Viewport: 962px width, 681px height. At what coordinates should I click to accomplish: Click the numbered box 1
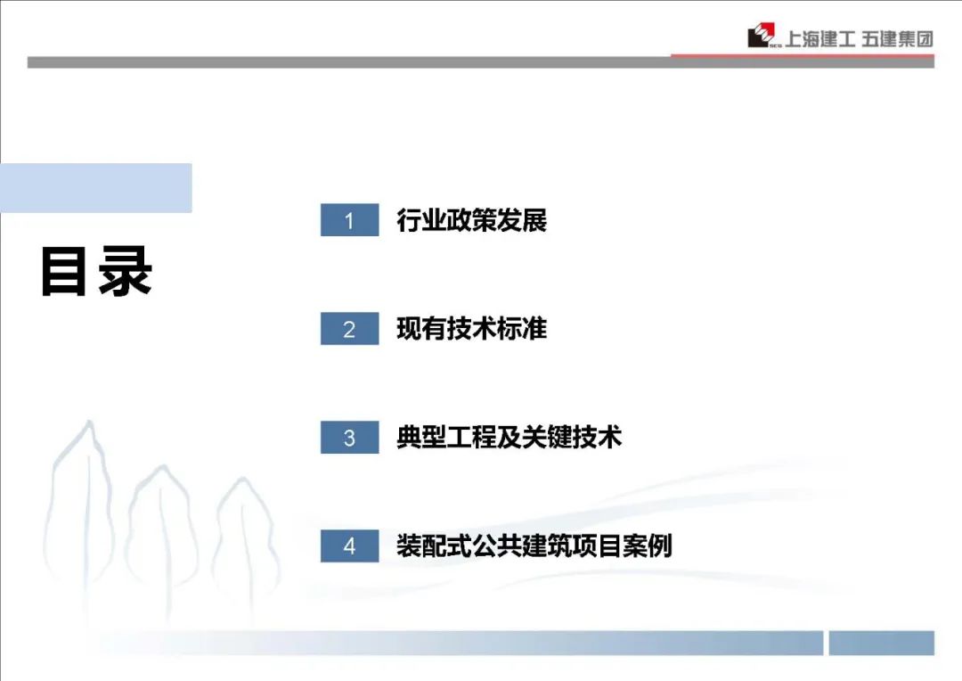point(350,220)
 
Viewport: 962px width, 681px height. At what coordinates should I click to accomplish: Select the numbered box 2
point(350,329)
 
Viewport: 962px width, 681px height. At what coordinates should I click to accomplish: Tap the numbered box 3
point(350,438)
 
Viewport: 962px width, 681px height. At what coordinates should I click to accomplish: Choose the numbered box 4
point(350,546)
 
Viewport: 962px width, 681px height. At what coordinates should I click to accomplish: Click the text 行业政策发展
point(471,220)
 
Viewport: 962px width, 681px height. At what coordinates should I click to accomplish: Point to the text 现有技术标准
point(471,329)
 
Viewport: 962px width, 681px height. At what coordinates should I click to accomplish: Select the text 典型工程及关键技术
point(510,438)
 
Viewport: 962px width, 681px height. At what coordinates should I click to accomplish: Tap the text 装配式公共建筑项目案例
point(534,546)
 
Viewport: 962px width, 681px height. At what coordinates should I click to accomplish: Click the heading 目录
point(96,271)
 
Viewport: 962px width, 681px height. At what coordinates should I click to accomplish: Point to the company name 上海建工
point(820,39)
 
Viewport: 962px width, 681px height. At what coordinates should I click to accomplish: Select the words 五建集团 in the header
point(897,39)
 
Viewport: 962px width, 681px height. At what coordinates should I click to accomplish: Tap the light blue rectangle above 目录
point(95,188)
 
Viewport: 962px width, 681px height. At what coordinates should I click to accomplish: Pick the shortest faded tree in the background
point(246,540)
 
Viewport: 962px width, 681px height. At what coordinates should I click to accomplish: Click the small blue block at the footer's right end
point(882,643)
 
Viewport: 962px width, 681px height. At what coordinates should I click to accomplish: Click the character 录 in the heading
point(126,271)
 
